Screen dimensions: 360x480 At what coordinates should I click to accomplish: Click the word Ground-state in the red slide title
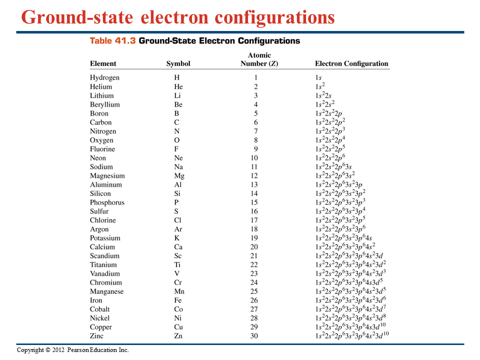click(x=77, y=18)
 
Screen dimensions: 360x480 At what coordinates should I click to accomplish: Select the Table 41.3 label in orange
click(x=112, y=41)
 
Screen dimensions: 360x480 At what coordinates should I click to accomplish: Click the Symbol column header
click(x=178, y=63)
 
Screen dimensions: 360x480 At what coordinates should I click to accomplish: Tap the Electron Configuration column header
click(x=351, y=63)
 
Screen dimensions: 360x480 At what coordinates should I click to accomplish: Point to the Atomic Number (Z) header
click(x=259, y=59)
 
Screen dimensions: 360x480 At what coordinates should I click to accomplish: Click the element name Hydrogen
click(x=104, y=77)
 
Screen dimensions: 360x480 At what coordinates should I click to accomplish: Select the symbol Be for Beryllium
click(x=178, y=104)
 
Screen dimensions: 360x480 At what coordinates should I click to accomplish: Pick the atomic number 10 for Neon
click(x=254, y=158)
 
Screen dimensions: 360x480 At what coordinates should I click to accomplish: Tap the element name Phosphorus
click(x=107, y=202)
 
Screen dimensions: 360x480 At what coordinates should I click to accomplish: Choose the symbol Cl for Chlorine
click(x=177, y=220)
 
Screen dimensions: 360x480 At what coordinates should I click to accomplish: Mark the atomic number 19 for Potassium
click(x=254, y=238)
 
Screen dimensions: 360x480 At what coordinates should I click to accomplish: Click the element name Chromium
click(x=106, y=282)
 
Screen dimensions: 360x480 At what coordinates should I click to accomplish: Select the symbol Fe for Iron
click(x=178, y=300)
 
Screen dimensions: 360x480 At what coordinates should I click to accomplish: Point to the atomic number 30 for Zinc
click(x=254, y=336)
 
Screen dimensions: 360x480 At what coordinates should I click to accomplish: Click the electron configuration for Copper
click(x=352, y=327)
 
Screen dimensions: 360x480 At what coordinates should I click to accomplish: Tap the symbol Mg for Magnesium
click(x=179, y=176)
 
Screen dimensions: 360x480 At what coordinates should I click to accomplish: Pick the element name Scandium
click(x=104, y=256)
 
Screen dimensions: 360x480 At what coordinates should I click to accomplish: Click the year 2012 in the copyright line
click(x=58, y=350)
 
